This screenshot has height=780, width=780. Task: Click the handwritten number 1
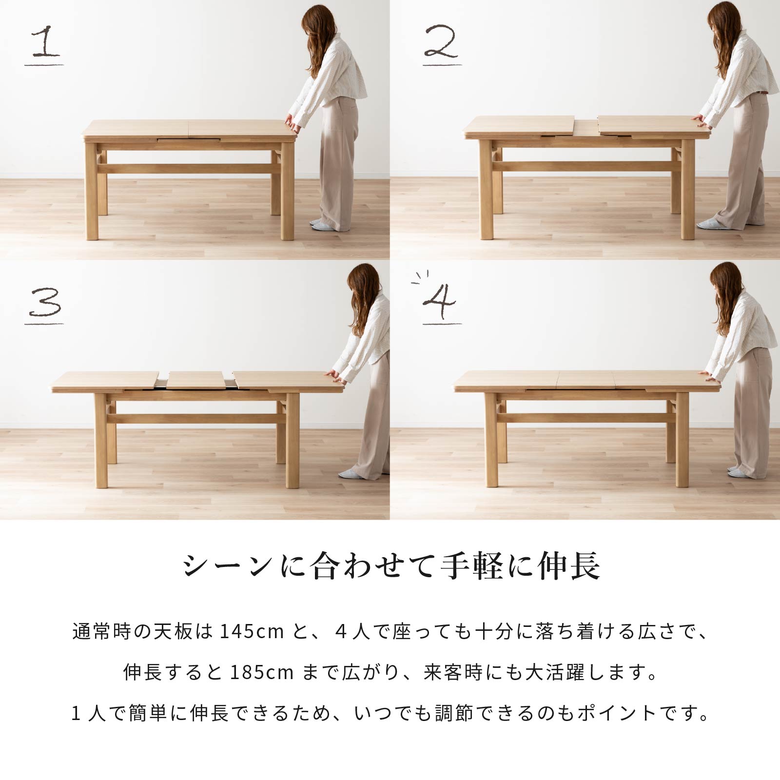coord(44,41)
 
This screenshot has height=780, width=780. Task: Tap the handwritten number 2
coord(442,41)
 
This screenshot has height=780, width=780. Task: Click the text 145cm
coord(252,631)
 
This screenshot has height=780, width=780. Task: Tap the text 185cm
coord(262,672)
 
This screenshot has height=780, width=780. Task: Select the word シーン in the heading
coord(228,566)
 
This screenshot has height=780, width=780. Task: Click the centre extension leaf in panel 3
coord(196,380)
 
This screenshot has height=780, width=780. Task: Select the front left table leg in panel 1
coord(91,191)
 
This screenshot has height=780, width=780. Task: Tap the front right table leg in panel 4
coord(682,439)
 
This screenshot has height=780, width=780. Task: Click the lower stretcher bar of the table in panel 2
coord(586,166)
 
